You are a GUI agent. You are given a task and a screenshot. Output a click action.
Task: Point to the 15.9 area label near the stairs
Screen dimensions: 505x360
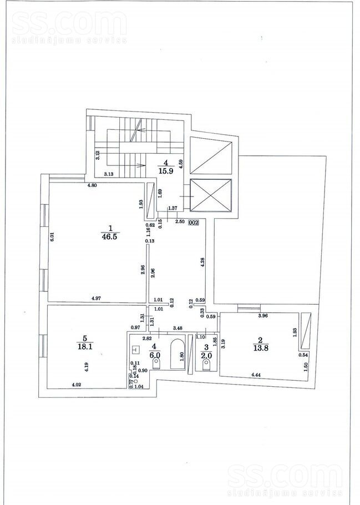165,171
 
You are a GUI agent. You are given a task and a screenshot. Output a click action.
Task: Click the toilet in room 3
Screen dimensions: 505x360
207,366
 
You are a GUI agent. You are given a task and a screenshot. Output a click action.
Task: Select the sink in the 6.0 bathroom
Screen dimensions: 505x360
136,349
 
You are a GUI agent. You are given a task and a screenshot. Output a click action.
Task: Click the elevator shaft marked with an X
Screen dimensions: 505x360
210,195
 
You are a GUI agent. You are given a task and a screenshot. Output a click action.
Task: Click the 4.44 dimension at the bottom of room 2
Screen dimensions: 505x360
256,376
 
